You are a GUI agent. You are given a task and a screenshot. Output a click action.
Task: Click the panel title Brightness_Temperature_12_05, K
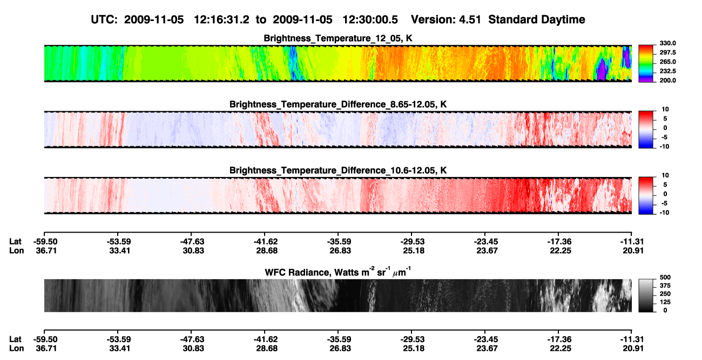pos(338,38)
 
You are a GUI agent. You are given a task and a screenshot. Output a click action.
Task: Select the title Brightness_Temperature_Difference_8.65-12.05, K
pos(338,104)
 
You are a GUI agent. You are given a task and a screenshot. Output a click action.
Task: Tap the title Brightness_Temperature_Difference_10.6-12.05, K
pos(338,171)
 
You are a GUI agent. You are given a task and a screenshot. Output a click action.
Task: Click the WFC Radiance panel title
pos(338,272)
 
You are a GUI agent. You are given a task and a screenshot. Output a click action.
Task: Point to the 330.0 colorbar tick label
pos(667,43)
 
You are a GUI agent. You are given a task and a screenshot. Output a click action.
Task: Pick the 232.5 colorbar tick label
pos(667,71)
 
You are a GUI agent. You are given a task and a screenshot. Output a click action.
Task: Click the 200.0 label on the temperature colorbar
pos(667,80)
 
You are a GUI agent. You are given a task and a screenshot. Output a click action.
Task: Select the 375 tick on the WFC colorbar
pos(665,286)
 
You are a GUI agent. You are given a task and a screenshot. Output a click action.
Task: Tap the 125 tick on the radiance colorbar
pos(665,302)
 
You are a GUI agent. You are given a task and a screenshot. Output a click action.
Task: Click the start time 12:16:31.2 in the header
pos(221,20)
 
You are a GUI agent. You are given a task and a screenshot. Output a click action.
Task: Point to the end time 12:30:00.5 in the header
pos(370,20)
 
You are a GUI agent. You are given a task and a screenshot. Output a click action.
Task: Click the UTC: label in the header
pos(104,20)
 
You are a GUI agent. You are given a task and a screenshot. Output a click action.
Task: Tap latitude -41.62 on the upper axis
pos(265,242)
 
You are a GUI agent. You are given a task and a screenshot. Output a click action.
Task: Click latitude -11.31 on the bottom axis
pos(632,339)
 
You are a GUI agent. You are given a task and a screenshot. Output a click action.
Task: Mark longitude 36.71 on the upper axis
pos(46,250)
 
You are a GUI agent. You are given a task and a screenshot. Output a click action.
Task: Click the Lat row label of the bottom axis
pos(15,339)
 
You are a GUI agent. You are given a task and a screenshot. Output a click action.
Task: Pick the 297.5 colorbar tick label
pos(667,53)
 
